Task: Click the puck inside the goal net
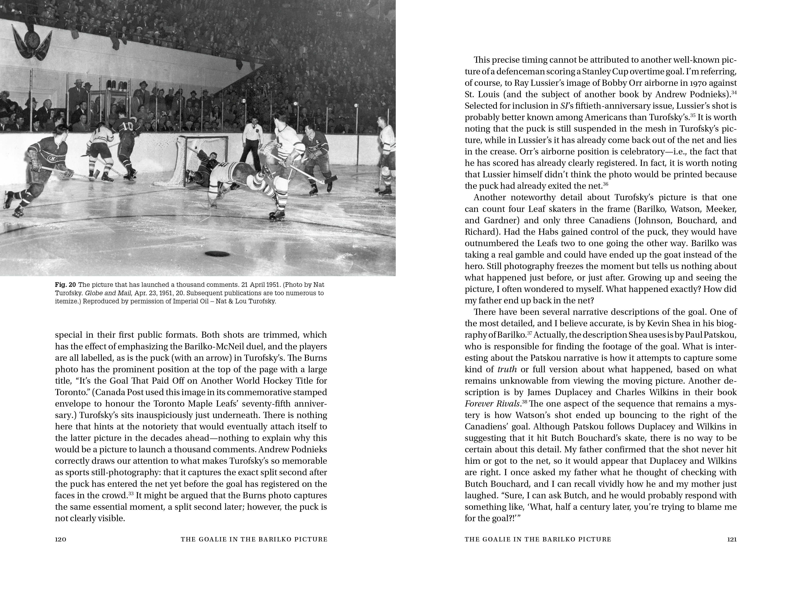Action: point(196,148)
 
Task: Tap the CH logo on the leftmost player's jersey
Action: point(53,158)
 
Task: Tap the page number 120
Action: point(60,539)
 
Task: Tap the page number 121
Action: point(732,539)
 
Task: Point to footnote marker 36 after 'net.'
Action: point(605,184)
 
